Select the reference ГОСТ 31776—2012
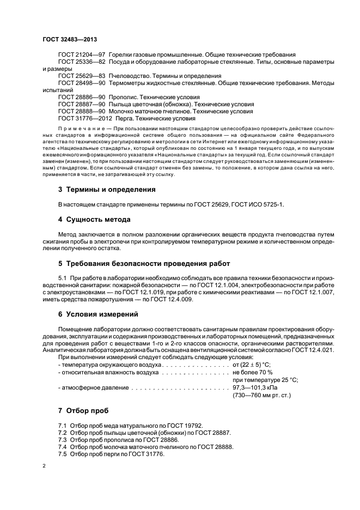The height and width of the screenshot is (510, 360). [86, 118]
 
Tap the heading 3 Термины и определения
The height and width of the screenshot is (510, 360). [107, 190]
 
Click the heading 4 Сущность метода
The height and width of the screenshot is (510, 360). [94, 220]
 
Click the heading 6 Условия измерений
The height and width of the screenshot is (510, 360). [98, 314]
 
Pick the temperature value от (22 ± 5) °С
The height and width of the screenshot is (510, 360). [252, 364]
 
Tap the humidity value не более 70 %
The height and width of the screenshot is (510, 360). [253, 372]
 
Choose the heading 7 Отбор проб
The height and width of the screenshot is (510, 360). [83, 409]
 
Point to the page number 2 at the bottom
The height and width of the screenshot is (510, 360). [44, 466]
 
